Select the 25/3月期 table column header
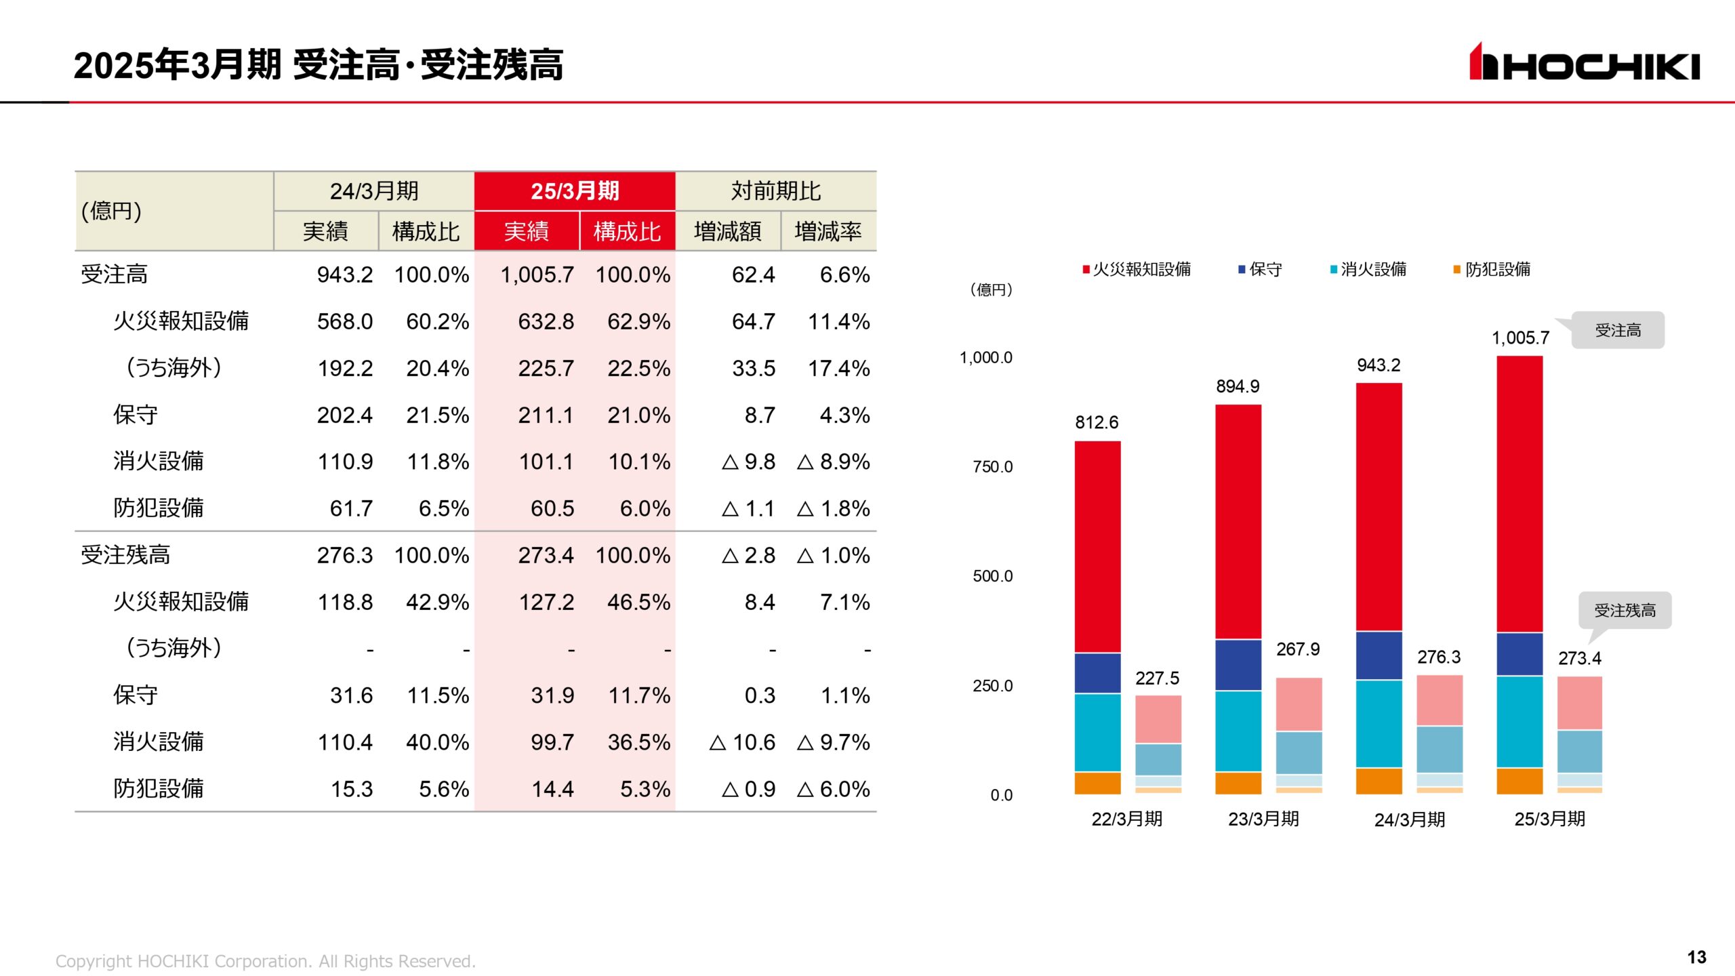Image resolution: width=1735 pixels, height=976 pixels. (x=575, y=191)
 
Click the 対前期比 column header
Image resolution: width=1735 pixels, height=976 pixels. (x=775, y=191)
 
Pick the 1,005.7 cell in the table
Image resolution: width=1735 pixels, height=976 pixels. (x=537, y=274)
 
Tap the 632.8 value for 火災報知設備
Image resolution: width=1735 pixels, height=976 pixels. (x=546, y=321)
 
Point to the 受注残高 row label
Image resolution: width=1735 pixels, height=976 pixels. (x=125, y=555)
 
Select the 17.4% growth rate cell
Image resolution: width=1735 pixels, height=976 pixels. (x=838, y=368)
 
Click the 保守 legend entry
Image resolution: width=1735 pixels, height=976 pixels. (x=1261, y=270)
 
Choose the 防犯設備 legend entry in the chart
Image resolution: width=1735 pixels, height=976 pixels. (x=1492, y=270)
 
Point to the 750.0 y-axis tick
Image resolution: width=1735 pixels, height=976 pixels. (x=992, y=467)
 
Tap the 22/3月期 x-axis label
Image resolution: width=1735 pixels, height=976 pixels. (x=1126, y=819)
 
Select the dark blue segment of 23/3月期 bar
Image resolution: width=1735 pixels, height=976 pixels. (x=1238, y=665)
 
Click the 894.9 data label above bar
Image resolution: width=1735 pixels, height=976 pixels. (x=1238, y=386)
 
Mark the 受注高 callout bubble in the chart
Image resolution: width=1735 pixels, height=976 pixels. (x=1618, y=330)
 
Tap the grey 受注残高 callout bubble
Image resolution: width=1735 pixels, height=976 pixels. (x=1625, y=611)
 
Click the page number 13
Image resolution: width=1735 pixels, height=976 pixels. (x=1696, y=957)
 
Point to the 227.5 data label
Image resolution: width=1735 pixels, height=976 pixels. (x=1157, y=678)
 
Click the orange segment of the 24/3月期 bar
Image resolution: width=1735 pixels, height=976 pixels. (x=1379, y=781)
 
